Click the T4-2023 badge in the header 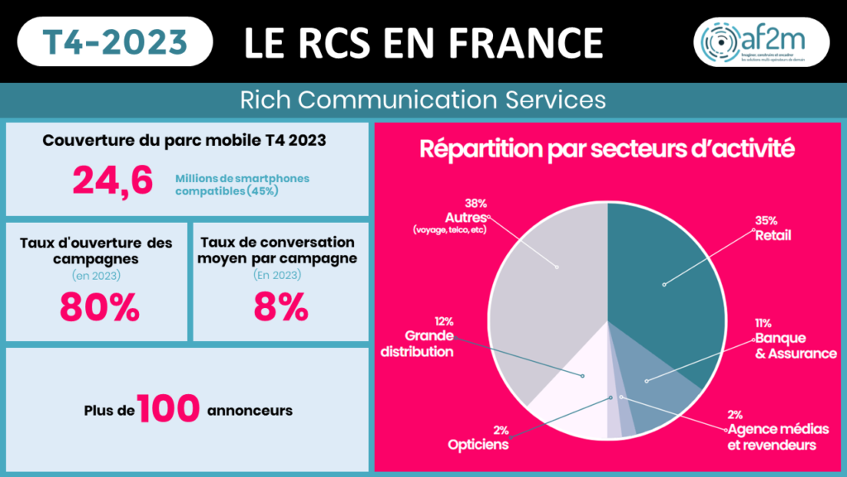pos(114,41)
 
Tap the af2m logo pos(761,41)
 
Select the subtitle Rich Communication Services pos(423,100)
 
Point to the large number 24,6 pos(112,181)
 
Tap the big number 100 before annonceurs pos(169,407)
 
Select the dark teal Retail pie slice pos(662,282)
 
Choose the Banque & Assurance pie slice pos(662,397)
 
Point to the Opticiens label pos(478,445)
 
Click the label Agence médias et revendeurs pos(772,438)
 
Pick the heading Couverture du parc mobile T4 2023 pos(184,140)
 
